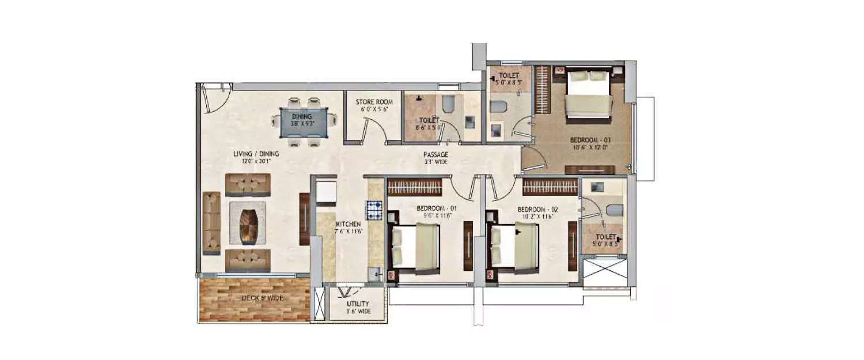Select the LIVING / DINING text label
[256, 154]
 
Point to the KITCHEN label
[348, 223]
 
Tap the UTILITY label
[358, 304]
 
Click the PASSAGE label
[435, 154]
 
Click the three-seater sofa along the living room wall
[211, 223]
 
